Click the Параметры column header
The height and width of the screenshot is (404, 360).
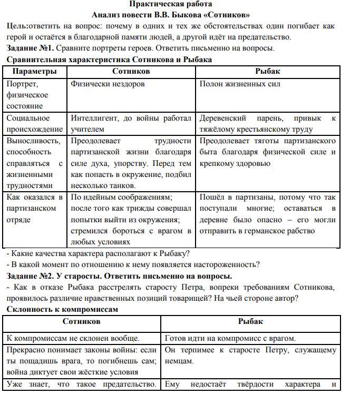point(34,71)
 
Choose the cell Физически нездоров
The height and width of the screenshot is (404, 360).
point(108,84)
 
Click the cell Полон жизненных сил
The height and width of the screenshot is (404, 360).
point(240,84)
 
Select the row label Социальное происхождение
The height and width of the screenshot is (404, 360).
point(34,123)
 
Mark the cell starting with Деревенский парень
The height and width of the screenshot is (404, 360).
point(267,123)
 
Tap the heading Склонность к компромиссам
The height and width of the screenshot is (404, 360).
point(62,309)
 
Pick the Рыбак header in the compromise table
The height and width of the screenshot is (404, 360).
point(250,321)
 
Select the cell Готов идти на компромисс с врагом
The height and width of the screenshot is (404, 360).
point(230,338)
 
